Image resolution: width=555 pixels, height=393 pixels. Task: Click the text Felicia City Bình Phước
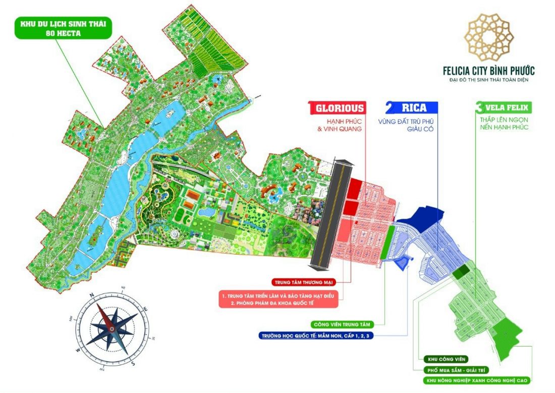tap(487, 71)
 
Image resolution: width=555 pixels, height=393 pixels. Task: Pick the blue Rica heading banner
tap(411, 108)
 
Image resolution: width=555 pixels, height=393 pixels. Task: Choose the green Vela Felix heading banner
tap(503, 108)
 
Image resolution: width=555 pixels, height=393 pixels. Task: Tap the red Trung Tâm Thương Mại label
tap(303, 281)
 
